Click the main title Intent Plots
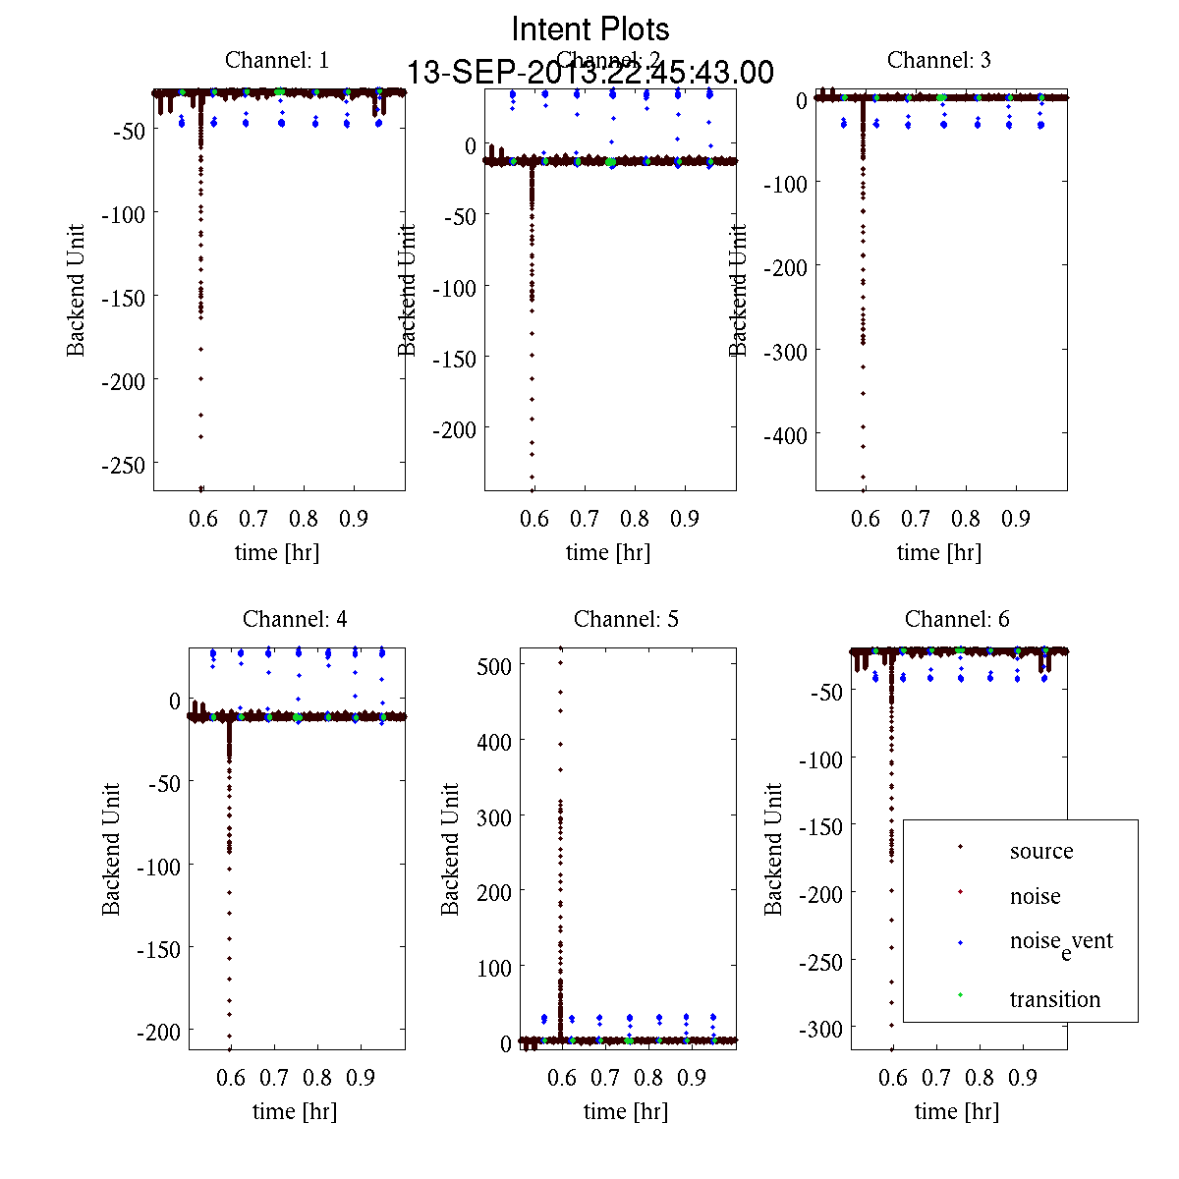point(590,28)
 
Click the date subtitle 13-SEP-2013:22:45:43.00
point(590,73)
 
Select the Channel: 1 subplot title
point(277,60)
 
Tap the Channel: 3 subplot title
point(939,60)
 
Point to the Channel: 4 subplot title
point(295,619)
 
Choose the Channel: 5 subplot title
point(626,619)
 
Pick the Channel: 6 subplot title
point(957,619)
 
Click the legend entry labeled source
point(1041,851)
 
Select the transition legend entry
point(1055,999)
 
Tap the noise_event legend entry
point(1061,941)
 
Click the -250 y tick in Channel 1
point(123,464)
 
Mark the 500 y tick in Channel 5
point(494,665)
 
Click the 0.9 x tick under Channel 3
point(1016,518)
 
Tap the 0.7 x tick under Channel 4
point(274,1077)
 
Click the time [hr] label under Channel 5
point(626,1111)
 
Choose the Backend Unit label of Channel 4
point(111,850)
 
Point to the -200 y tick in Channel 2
point(455,429)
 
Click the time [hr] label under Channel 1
point(277,552)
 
